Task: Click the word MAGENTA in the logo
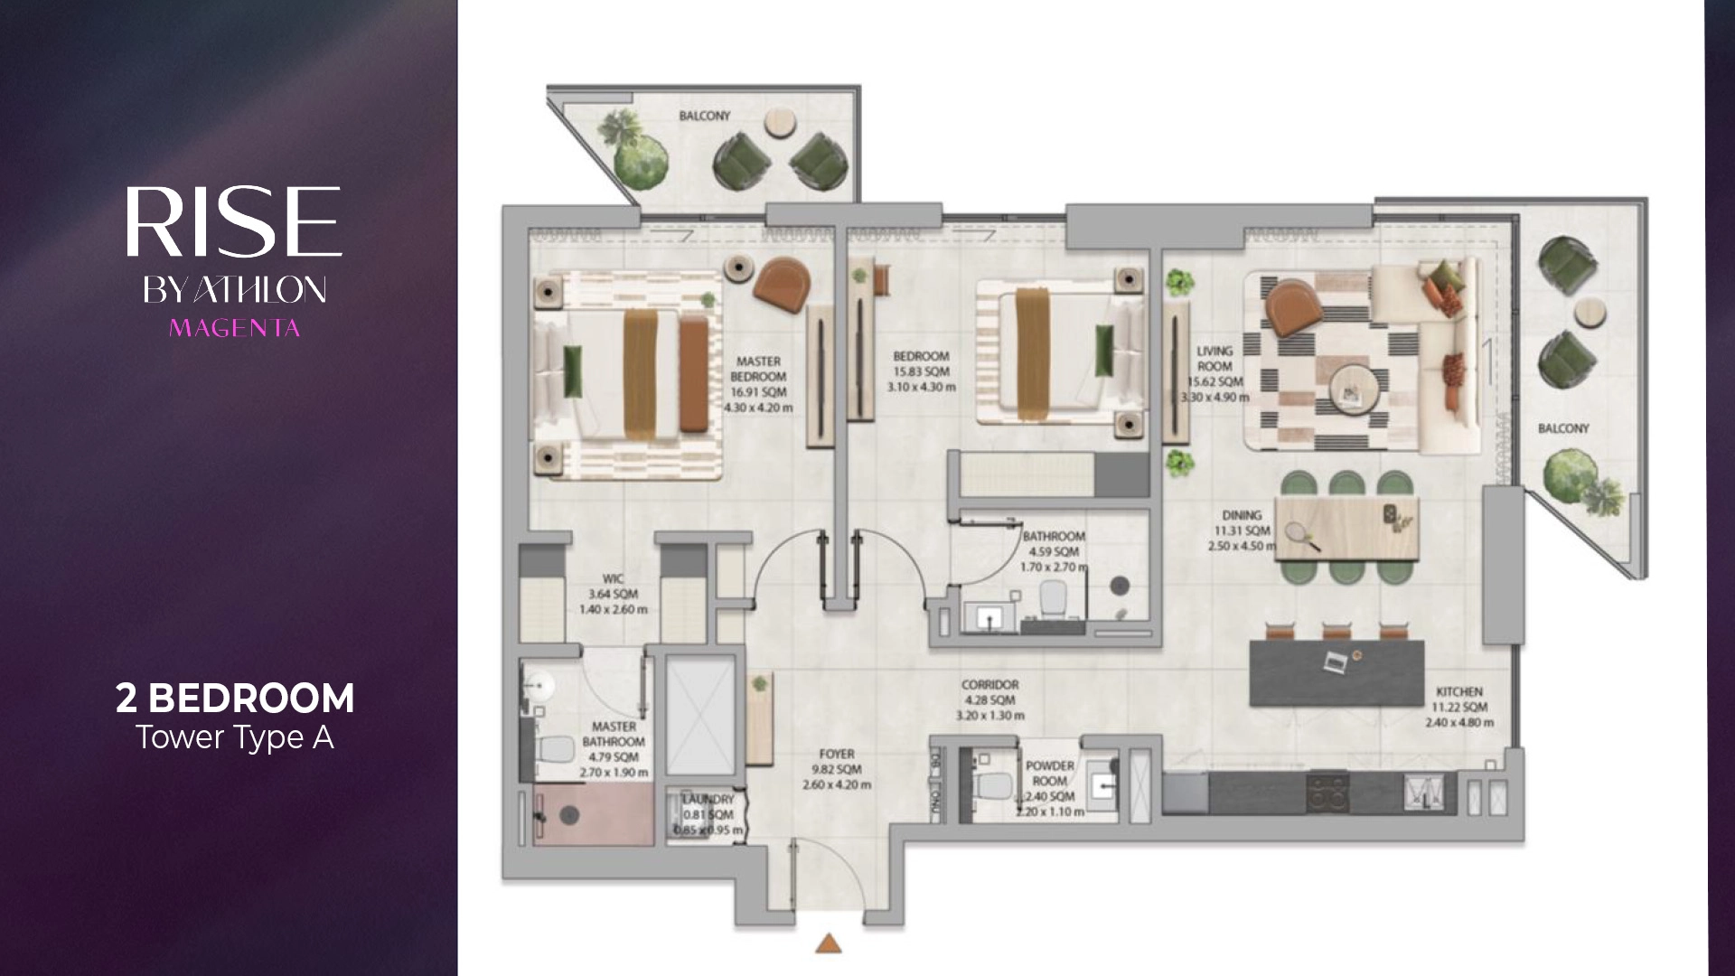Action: click(234, 327)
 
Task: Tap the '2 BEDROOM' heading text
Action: click(235, 699)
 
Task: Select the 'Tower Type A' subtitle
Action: click(235, 737)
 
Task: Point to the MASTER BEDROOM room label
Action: click(759, 369)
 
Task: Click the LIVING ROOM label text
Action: click(1214, 359)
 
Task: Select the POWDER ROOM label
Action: click(1049, 774)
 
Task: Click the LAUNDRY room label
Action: click(708, 800)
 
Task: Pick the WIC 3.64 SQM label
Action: click(613, 594)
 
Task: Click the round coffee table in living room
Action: click(1352, 388)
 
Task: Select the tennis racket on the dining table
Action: click(1299, 534)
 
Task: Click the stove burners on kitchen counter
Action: click(1326, 792)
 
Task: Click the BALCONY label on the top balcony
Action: click(705, 116)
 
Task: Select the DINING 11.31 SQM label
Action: click(1241, 530)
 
